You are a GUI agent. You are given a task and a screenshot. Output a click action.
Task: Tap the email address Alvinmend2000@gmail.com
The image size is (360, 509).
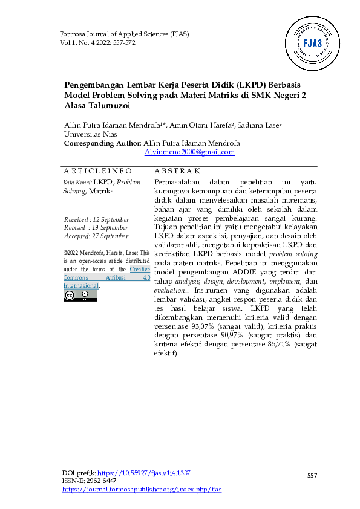(x=189, y=152)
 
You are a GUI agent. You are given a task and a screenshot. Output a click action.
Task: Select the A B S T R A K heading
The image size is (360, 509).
(x=177, y=172)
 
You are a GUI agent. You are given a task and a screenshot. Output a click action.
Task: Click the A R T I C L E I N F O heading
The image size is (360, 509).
(x=97, y=172)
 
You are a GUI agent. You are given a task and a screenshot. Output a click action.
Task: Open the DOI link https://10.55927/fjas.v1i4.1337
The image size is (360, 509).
(x=144, y=473)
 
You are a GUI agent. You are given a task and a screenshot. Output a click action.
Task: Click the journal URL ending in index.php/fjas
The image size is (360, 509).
(x=142, y=489)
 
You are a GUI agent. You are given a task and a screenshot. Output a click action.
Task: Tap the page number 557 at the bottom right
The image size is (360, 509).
(x=312, y=476)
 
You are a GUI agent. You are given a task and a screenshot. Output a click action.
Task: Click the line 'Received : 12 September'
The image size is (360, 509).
(x=96, y=219)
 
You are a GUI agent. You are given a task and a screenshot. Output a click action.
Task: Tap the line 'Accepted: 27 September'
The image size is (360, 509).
(x=96, y=236)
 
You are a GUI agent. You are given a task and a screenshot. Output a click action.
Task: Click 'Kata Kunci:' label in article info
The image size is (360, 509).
(x=77, y=182)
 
